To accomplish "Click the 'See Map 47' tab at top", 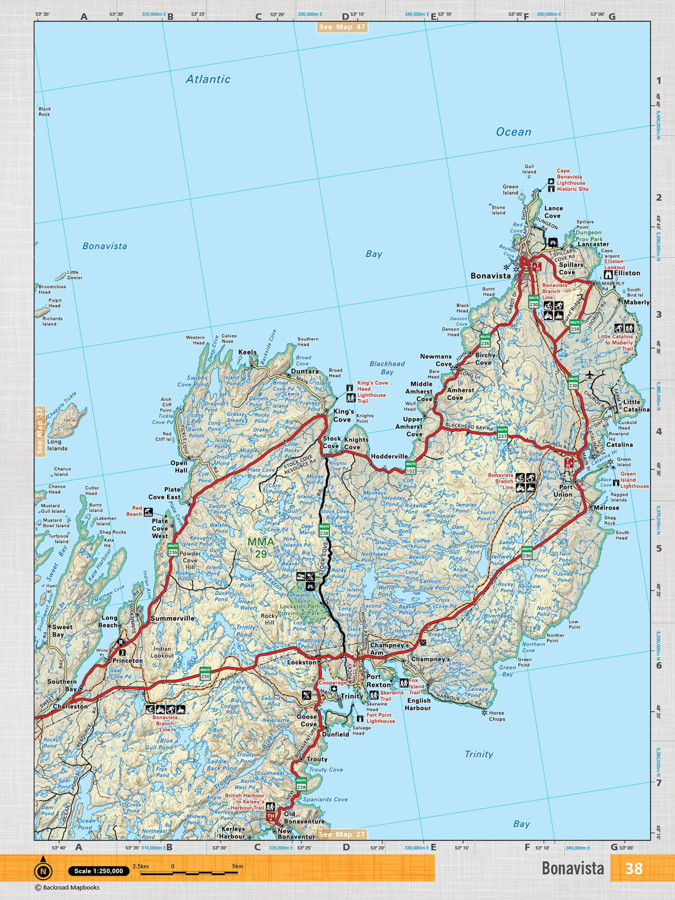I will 342,27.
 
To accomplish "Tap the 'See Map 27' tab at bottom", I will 342,835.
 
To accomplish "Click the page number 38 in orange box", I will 633,868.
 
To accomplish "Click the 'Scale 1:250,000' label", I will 98,871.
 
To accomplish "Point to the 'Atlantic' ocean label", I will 208,79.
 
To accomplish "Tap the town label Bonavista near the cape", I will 490,276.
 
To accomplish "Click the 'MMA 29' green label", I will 261,547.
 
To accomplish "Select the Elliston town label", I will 627,273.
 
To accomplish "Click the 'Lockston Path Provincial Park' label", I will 300,610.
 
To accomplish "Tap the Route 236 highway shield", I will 324,530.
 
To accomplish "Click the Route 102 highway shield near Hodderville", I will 411,467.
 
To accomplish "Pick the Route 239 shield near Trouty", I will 301,783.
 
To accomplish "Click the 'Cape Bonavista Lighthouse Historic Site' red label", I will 572,180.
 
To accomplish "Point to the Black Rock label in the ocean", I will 44,111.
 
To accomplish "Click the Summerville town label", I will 172,618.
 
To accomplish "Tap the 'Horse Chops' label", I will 497,715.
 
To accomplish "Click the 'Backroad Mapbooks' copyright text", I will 67,888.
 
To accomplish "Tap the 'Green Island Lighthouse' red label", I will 634,480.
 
